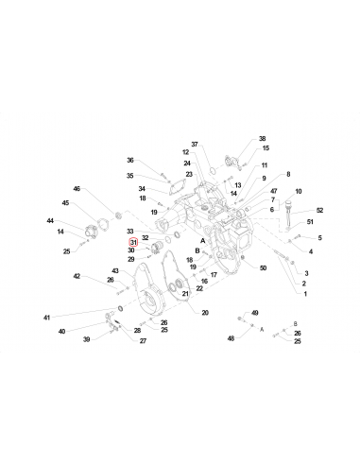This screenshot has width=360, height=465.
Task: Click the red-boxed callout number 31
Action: [133, 242]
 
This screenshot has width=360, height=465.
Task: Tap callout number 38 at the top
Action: [262, 138]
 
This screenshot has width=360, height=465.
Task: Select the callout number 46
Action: [77, 189]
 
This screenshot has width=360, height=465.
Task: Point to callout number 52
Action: [319, 210]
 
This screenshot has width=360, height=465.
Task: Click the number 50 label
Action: [263, 268]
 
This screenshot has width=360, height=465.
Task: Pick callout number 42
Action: [77, 276]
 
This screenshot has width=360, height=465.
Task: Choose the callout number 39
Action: [85, 338]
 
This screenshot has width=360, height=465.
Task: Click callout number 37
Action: [195, 144]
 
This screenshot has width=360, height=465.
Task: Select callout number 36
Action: [130, 160]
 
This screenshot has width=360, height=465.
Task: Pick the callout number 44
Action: [50, 221]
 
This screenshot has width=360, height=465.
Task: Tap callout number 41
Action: [45, 318]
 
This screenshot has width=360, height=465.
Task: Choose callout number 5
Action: [319, 237]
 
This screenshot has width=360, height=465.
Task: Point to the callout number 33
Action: [130, 231]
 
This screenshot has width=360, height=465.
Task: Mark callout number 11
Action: [264, 164]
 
